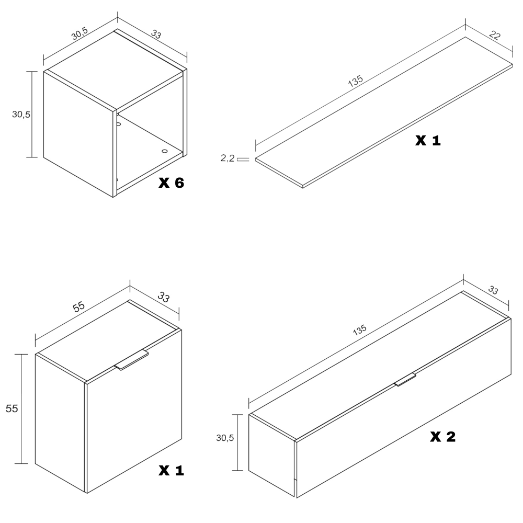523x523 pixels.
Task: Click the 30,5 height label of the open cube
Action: click(x=21, y=115)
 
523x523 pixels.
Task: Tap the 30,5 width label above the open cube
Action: click(x=79, y=33)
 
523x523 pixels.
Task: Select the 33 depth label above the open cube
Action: click(x=156, y=34)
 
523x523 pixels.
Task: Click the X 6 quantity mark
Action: click(x=171, y=183)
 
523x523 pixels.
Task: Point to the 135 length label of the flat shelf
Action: click(x=355, y=81)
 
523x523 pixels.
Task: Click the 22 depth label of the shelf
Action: click(x=495, y=35)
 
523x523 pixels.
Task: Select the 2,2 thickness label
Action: click(x=228, y=158)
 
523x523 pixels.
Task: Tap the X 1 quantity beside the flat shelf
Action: click(x=428, y=140)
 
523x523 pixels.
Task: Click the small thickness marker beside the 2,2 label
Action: click(x=243, y=160)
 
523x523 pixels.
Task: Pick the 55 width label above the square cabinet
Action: click(x=79, y=306)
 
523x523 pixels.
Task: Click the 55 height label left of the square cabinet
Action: click(x=12, y=408)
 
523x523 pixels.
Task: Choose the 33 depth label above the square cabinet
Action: click(x=163, y=297)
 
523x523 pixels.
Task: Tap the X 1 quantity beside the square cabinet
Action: click(x=171, y=470)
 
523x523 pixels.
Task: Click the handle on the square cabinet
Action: click(x=131, y=360)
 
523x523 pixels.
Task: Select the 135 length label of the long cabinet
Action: click(x=360, y=330)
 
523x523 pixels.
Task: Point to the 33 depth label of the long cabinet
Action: click(x=493, y=290)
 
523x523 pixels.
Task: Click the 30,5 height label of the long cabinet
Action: click(x=225, y=438)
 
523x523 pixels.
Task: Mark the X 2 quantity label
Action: click(x=443, y=437)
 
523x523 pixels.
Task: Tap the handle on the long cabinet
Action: click(x=405, y=380)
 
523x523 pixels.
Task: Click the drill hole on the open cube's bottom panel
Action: click(x=164, y=151)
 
